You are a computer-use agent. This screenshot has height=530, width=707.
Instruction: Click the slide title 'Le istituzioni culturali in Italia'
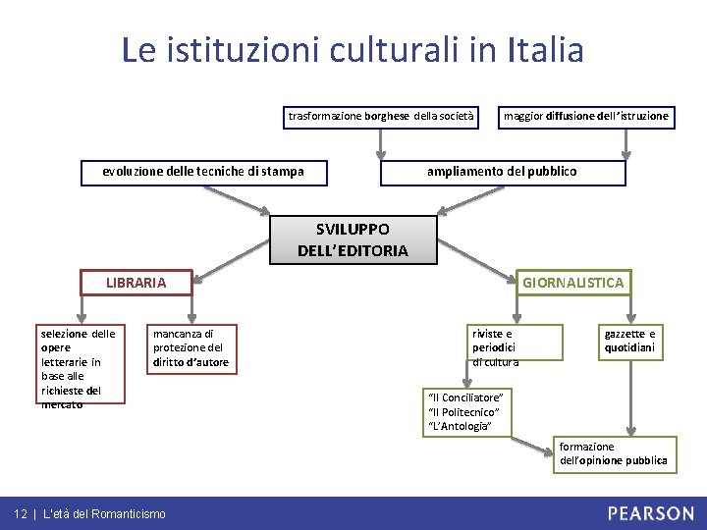click(x=353, y=49)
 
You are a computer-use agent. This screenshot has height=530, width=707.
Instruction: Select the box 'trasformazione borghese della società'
click(x=381, y=117)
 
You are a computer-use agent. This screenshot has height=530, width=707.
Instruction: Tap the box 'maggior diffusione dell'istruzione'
click(x=586, y=117)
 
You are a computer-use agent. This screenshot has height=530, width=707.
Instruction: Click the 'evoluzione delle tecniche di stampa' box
click(x=203, y=172)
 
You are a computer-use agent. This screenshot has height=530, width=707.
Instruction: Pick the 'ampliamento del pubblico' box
click(x=502, y=172)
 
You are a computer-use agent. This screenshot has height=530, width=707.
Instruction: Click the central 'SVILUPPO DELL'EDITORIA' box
click(x=353, y=240)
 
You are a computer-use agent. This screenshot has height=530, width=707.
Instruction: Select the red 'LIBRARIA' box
click(x=136, y=283)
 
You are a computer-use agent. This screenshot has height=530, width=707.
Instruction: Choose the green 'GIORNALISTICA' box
click(x=572, y=283)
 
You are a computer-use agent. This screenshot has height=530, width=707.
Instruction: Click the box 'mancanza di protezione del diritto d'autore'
click(x=190, y=348)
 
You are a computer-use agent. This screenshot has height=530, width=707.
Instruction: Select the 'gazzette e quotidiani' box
click(x=629, y=341)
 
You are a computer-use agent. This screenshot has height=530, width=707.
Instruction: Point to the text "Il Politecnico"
click(x=464, y=411)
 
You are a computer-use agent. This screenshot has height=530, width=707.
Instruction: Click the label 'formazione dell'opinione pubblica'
click(x=613, y=453)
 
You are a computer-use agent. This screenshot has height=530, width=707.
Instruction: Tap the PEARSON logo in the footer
click(x=649, y=513)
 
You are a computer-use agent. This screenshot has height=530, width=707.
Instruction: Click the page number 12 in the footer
click(x=20, y=514)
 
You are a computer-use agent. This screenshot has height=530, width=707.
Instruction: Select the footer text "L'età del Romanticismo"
click(x=105, y=514)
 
